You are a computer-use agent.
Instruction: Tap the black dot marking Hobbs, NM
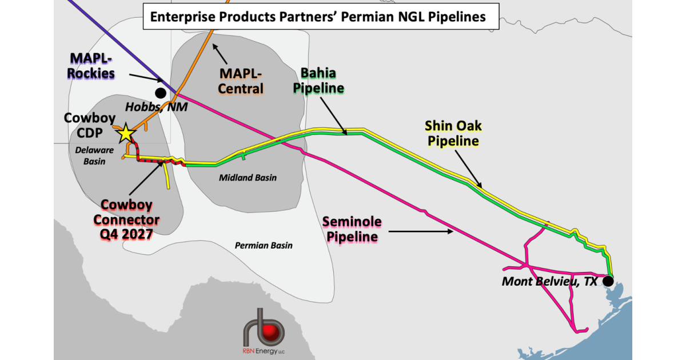[161, 93]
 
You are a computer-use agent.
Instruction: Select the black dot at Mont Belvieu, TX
[608, 281]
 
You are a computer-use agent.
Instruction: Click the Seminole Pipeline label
[352, 229]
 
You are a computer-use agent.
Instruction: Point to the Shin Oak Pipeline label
[453, 133]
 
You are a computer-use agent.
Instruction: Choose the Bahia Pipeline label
[318, 81]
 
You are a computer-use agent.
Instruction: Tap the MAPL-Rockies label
[91, 66]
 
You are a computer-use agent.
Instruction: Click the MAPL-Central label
[241, 81]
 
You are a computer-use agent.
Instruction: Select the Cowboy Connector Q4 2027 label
[126, 219]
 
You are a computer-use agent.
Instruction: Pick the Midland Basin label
[248, 178]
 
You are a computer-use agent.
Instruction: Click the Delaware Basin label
[94, 155]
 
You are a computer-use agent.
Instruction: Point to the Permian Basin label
[264, 245]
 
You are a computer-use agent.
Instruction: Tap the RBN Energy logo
[264, 331]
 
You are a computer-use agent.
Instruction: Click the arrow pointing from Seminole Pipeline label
[421, 231]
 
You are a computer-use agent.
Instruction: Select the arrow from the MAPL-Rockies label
[146, 78]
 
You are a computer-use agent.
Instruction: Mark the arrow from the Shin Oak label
[468, 169]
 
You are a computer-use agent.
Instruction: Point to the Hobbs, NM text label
[157, 107]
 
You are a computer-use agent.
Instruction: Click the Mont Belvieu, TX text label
[549, 281]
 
